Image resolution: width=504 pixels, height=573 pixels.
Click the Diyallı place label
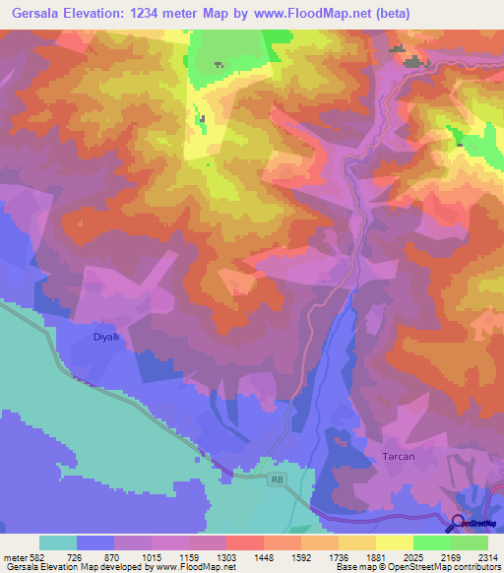tap(105, 336)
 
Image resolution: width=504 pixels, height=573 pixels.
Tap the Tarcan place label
tap(399, 457)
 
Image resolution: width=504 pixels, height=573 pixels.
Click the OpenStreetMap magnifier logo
tap(460, 523)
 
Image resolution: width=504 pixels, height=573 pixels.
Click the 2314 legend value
tap(485, 556)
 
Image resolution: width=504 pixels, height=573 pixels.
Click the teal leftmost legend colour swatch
tap(58, 542)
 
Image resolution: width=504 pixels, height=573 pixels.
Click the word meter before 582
tap(16, 556)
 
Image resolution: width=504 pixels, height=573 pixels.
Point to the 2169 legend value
tap(449, 556)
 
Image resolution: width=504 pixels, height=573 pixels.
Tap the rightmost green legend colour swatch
tap(470, 542)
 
